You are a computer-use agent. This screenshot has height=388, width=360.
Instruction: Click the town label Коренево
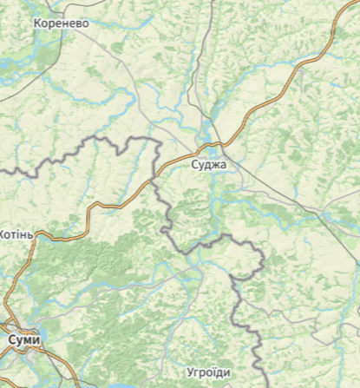tap(61, 23)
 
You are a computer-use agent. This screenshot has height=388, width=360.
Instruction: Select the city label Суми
tap(23, 339)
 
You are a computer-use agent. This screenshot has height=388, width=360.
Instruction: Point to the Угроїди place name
tap(208, 372)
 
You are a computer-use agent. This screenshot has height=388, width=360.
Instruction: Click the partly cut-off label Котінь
tap(16, 234)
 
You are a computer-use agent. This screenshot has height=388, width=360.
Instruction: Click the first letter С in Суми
tap(10, 339)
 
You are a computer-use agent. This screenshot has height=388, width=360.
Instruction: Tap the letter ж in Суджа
tap(216, 162)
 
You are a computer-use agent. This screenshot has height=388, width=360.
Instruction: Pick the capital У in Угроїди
tap(191, 372)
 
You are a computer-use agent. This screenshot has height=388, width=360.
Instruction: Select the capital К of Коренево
tap(37, 23)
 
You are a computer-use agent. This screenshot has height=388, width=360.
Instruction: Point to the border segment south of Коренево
tap(87, 144)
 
